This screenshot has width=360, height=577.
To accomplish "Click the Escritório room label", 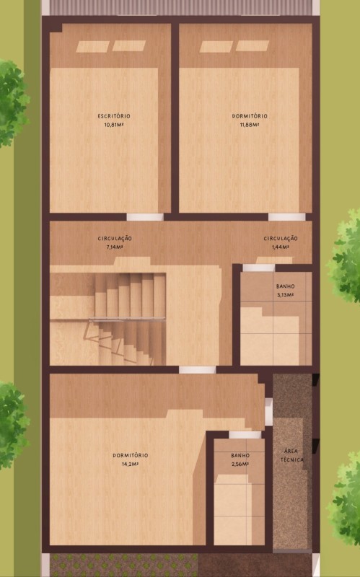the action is coord(114,116).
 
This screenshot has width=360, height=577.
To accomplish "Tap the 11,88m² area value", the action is coord(249,125).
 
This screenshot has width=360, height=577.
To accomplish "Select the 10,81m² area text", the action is coord(113,125).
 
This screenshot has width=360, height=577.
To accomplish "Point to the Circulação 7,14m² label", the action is coord(115,243).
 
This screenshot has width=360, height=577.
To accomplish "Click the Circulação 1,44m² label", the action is coord(281,243).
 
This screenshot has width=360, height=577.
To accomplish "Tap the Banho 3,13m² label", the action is coord(285,291).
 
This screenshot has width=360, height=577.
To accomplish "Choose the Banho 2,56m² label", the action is coord(240,460).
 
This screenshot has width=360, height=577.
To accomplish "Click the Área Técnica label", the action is coord(292,455).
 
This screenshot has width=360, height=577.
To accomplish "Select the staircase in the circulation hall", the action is coord(107,319).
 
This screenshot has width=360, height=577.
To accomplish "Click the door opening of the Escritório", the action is coord(145,217).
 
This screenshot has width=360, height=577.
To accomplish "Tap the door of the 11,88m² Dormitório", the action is coord(286,217).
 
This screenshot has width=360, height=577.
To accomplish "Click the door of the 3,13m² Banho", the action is coord(259,268).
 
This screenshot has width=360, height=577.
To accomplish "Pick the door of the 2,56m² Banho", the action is coord(245,435).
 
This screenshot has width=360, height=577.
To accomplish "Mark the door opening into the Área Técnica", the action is coord(268,411).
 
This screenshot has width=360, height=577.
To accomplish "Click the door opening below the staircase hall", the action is coord(197,370).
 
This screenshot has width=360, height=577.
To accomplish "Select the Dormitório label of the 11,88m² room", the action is coord(250,116).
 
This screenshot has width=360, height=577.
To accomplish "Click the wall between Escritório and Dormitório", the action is coord(175,118).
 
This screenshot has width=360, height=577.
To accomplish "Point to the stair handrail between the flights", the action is coord(126,319).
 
